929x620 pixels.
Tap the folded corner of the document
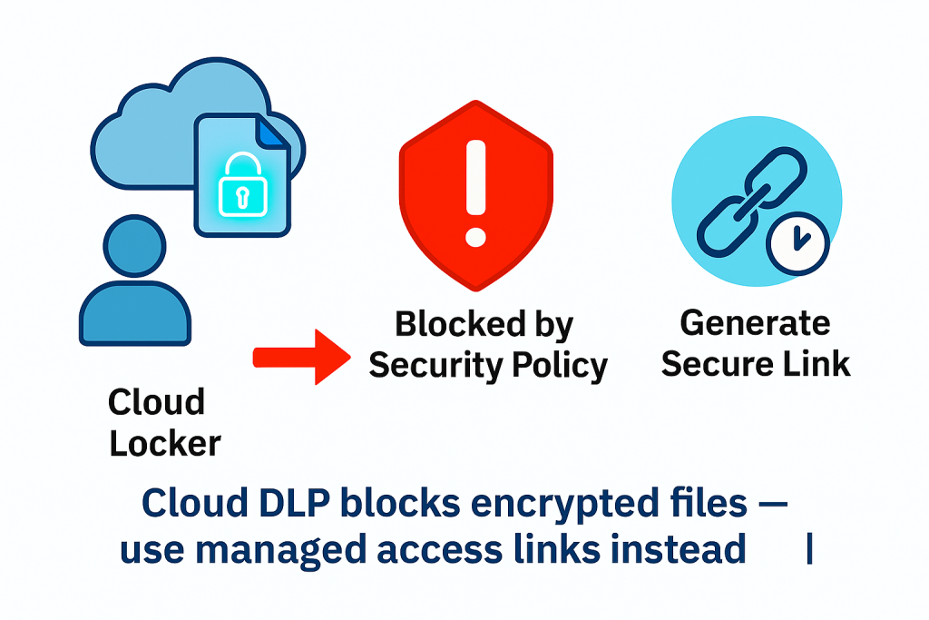click(269, 133)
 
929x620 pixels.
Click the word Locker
click(164, 444)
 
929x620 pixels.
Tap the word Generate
click(755, 322)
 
